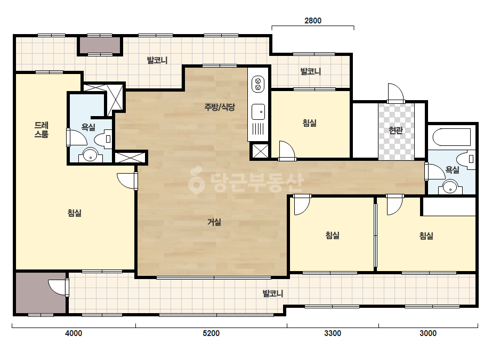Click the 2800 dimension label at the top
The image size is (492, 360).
(x=313, y=21)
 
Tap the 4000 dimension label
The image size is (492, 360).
(x=74, y=333)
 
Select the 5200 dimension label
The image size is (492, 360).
(x=211, y=333)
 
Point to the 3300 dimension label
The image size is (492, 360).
(x=333, y=333)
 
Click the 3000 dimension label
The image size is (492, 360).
(x=428, y=333)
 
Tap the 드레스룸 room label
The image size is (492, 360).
(x=42, y=130)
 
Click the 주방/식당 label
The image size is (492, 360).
(x=220, y=107)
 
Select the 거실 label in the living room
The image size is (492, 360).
(x=214, y=222)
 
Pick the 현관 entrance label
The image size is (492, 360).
(x=396, y=130)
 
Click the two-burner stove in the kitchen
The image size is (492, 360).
(x=258, y=84)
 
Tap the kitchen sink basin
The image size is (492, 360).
(x=258, y=112)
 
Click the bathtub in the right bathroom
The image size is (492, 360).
(x=451, y=137)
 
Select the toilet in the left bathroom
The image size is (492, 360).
(x=103, y=139)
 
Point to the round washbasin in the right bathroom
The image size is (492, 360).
(x=450, y=187)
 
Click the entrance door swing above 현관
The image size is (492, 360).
(x=396, y=93)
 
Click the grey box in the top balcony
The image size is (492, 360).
(x=99, y=46)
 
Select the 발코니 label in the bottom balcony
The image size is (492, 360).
(x=273, y=293)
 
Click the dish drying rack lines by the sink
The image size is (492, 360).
(x=258, y=129)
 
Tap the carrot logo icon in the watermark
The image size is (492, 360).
(x=196, y=181)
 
